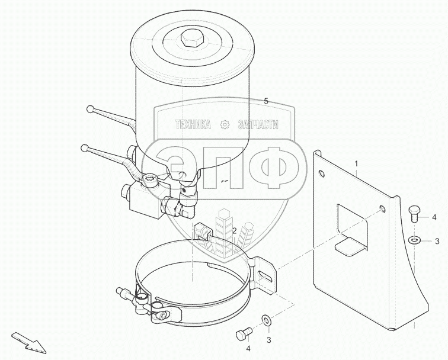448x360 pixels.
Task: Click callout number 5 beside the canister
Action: point(266,101)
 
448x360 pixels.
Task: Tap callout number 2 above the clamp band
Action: point(235,231)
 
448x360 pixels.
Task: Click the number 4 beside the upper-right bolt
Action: point(434,217)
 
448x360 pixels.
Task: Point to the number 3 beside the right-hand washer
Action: point(437,241)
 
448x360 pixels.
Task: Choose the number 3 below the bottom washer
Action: point(269,340)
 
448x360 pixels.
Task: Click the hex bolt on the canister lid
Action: point(192,40)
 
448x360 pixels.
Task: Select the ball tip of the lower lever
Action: point(85,147)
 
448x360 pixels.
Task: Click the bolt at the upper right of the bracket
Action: point(414,212)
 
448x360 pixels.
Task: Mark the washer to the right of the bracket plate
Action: point(414,240)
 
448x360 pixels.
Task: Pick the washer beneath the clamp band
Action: point(267,320)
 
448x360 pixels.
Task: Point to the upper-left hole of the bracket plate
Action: point(321,173)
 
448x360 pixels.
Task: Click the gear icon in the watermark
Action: point(224,124)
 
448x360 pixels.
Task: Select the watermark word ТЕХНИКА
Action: point(193,124)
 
